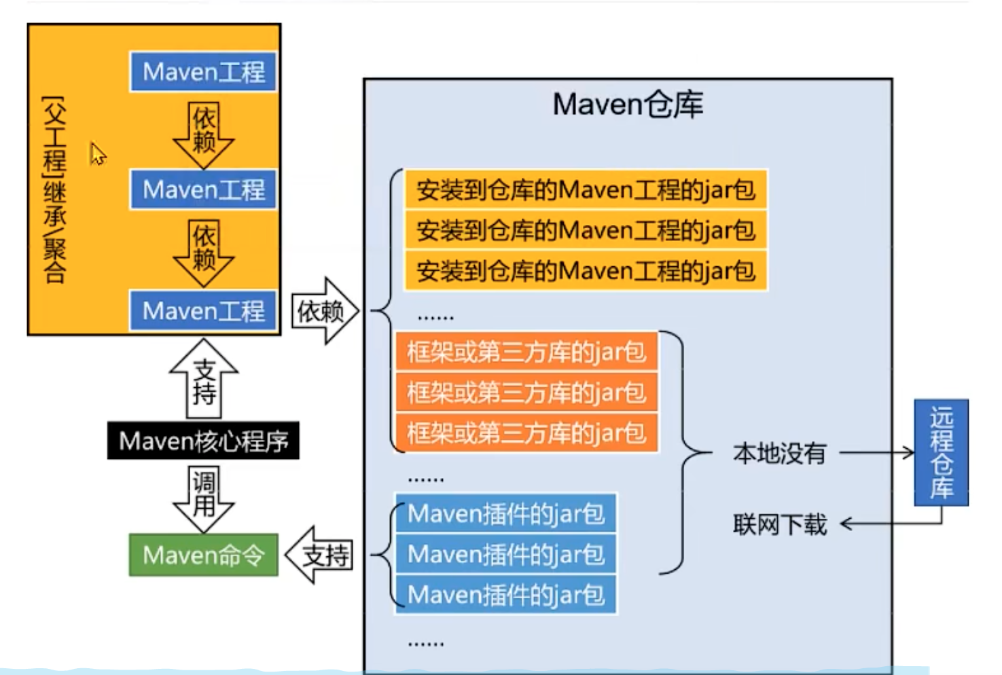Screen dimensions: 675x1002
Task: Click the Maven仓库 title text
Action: pos(628,105)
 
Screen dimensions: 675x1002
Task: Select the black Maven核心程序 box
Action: pos(203,441)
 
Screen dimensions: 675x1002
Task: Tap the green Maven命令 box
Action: pos(203,555)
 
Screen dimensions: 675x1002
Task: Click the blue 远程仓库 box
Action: pos(941,452)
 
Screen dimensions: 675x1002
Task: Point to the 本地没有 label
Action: pos(779,453)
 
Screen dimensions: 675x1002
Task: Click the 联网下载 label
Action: pos(779,524)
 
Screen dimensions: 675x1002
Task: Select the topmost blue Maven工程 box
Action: pos(203,71)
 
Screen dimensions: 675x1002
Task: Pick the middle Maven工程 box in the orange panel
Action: pos(203,189)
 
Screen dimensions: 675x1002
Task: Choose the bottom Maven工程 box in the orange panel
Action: pos(203,311)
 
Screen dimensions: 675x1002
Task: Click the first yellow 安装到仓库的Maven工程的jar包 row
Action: pos(586,189)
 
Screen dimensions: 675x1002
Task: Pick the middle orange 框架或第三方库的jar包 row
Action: pos(526,393)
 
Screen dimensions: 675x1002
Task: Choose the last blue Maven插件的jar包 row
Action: pos(505,595)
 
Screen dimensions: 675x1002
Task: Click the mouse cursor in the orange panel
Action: pos(97,153)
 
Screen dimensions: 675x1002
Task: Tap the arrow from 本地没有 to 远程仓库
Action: pos(876,452)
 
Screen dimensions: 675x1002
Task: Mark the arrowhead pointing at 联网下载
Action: pos(846,524)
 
